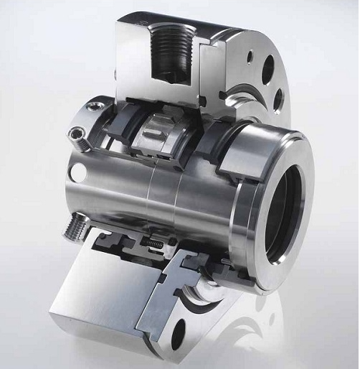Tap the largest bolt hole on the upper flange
[267, 73]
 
